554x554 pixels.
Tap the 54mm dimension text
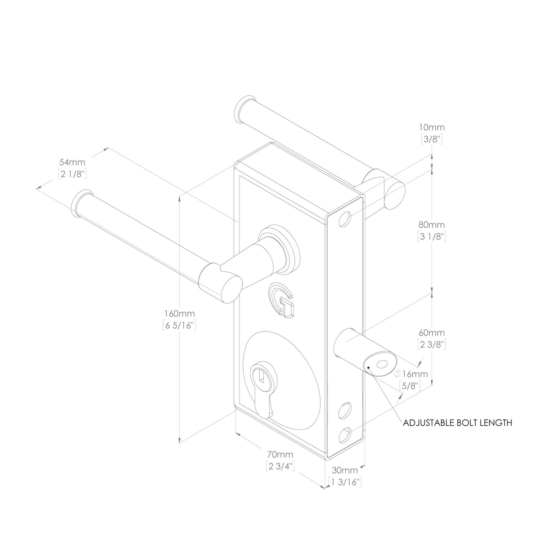point(72,162)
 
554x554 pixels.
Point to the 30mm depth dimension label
point(345,470)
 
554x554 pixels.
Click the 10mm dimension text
point(432,127)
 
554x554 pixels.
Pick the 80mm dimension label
point(431,225)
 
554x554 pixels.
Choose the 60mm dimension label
point(431,333)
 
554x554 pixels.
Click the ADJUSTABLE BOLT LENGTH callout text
point(457,423)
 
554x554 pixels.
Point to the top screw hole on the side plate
point(345,219)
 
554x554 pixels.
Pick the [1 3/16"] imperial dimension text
point(345,482)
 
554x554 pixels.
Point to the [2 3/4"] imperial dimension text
point(280,466)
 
